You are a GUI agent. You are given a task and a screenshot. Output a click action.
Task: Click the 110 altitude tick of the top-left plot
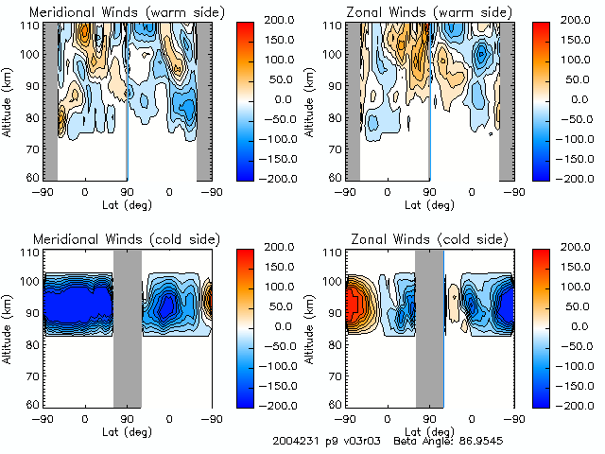(x=31, y=26)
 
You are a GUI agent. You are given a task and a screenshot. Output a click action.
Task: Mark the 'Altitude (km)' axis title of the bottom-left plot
(x=9, y=328)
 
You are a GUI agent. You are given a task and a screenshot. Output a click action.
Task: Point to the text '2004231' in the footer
(x=294, y=441)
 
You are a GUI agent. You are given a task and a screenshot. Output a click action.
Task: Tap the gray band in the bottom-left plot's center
(x=127, y=328)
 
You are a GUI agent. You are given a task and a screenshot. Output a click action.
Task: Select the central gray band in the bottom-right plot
(x=429, y=328)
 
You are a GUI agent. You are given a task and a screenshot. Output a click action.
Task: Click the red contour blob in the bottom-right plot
(x=358, y=305)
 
